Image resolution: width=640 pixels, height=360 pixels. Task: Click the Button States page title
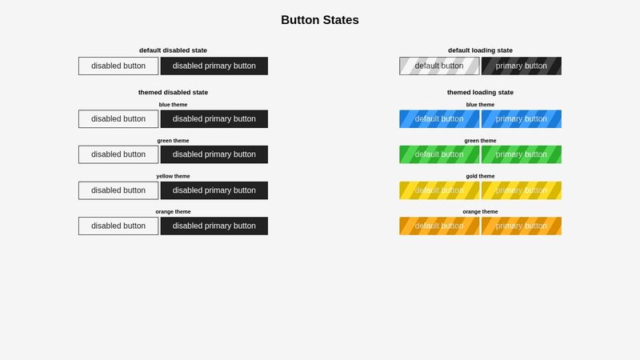[x=320, y=20]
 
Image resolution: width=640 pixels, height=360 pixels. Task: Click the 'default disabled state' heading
[x=173, y=50]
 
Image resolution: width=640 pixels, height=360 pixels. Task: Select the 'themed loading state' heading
[x=480, y=93]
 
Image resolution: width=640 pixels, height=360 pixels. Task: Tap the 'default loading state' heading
[x=480, y=50]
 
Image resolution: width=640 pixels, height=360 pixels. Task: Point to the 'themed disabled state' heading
[x=173, y=93]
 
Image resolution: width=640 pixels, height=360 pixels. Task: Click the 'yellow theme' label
[x=173, y=176]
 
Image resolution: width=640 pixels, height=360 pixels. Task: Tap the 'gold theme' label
[x=480, y=176]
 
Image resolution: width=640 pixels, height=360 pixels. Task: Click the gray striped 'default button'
[x=439, y=66]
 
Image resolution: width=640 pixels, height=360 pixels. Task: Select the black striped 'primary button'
[x=522, y=66]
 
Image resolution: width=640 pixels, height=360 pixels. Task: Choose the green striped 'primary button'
[x=522, y=154]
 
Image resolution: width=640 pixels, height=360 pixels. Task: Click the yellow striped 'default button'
[x=439, y=190]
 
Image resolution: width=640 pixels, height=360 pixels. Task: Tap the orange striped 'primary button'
[x=522, y=226]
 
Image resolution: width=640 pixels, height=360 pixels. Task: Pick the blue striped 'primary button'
[x=522, y=119]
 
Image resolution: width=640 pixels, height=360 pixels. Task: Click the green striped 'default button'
[x=439, y=154]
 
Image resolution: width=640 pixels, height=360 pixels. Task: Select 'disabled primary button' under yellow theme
[x=214, y=190]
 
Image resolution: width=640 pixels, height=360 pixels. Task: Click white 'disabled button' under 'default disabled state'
[x=118, y=66]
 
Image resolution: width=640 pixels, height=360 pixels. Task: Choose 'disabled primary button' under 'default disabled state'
[x=214, y=66]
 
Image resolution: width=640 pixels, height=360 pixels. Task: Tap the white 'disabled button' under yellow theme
[x=118, y=190]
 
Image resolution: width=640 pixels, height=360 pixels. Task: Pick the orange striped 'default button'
[x=439, y=226]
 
